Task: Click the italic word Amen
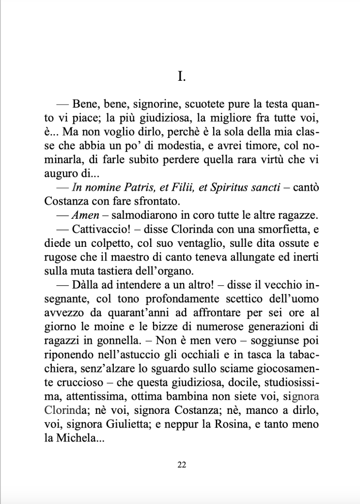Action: (83, 216)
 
